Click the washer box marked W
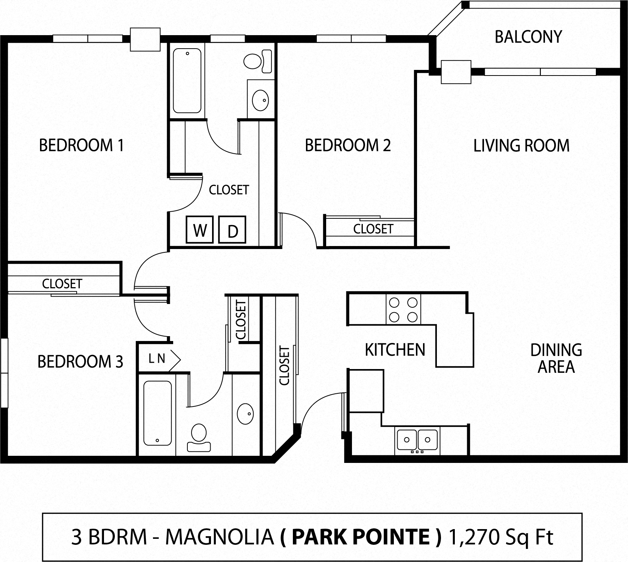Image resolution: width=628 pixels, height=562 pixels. [200, 230]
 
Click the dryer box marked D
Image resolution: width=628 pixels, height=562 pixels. [232, 230]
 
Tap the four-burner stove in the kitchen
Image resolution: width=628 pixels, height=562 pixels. [403, 309]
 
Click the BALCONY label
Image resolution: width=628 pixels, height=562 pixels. [528, 37]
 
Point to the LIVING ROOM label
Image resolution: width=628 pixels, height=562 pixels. [521, 145]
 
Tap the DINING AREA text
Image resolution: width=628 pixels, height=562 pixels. [556, 358]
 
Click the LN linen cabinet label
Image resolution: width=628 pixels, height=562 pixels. [157, 359]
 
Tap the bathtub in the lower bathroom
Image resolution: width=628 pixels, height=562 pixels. [157, 413]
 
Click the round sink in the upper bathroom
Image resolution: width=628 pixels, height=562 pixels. [260, 100]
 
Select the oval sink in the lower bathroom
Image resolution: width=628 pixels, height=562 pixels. [245, 414]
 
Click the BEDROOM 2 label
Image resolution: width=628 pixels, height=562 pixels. [347, 145]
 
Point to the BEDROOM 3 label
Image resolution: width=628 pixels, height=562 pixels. [80, 361]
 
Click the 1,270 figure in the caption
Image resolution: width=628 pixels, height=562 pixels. [474, 537]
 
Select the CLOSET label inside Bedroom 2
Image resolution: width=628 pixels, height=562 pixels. [373, 229]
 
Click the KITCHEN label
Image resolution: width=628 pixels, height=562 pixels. [395, 350]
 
